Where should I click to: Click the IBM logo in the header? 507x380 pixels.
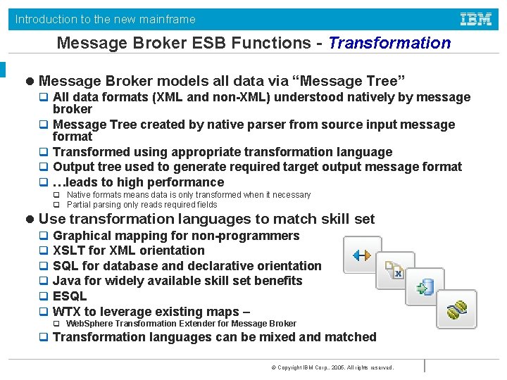[x=476, y=19]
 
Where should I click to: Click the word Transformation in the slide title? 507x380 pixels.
[x=389, y=43]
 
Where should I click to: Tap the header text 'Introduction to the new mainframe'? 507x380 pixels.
[x=106, y=20]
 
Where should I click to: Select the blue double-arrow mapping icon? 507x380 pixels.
[x=362, y=255]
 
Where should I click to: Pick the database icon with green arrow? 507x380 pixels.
[x=425, y=288]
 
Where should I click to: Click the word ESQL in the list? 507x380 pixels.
[x=70, y=296]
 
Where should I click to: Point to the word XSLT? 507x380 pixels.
[x=70, y=251]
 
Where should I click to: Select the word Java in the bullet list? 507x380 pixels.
[x=68, y=281]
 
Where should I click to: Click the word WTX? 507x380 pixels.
[x=67, y=312]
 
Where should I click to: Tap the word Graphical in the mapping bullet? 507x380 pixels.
[x=82, y=236]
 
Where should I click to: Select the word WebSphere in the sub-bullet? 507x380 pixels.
[x=89, y=324]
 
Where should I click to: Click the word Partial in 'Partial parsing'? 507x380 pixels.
[x=80, y=205]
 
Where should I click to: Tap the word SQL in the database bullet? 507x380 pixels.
[x=65, y=266]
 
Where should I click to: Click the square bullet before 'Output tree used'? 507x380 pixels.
[x=44, y=167]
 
